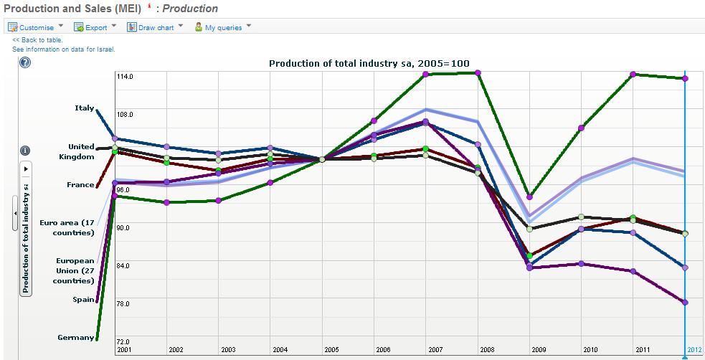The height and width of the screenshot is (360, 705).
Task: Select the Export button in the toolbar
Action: [95, 27]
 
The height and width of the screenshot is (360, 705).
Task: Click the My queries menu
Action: [223, 27]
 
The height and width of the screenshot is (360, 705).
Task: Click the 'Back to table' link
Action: [37, 40]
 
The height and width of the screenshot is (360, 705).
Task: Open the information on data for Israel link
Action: [63, 49]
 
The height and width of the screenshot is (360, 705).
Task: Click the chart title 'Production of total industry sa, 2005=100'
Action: [369, 63]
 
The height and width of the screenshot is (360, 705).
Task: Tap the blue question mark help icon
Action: [25, 62]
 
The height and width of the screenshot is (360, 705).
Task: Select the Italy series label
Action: [84, 108]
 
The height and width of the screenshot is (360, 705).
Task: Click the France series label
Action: [80, 185]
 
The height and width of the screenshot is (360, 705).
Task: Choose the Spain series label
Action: [83, 299]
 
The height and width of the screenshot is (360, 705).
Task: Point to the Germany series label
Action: [76, 337]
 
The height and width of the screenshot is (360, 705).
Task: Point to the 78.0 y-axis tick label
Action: [123, 304]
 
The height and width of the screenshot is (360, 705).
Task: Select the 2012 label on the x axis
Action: [694, 349]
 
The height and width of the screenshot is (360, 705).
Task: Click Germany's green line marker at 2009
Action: [530, 196]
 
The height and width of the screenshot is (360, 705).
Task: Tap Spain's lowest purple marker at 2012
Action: [686, 303]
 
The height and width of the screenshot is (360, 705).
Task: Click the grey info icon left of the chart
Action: [25, 151]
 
